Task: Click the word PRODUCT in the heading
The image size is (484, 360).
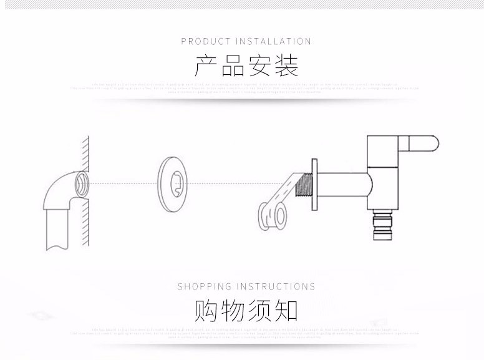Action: coord(206,42)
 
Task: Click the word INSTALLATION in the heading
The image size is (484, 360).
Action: coord(273,42)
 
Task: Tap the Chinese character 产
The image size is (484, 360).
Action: coord(206,66)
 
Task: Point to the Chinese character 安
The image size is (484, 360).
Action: coord(259,66)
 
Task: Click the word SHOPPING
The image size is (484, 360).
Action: coord(204,287)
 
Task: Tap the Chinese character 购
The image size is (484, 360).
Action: coord(206,310)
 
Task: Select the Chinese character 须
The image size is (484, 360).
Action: coord(259,310)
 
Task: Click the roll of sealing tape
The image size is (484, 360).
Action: coord(273,215)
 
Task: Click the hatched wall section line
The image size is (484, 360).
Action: coord(85,150)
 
